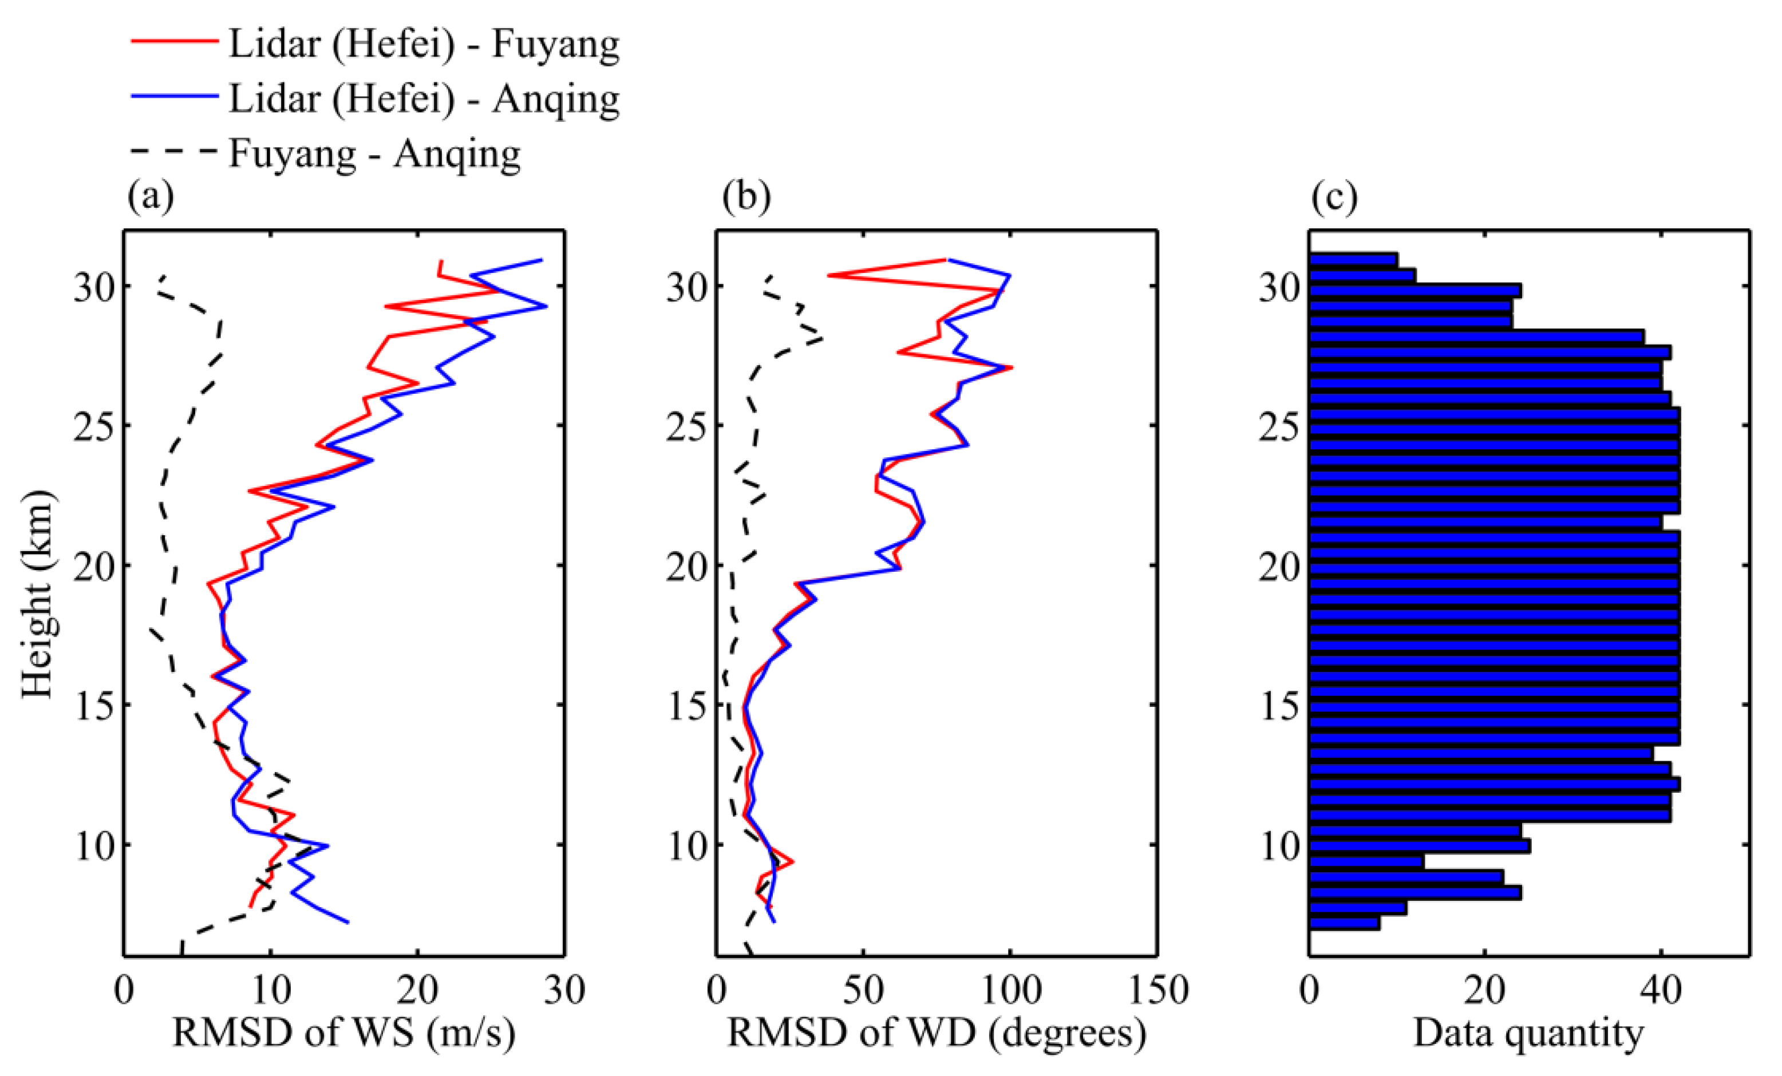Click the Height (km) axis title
[38, 595]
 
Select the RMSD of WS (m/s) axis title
[343, 1033]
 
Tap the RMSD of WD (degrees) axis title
[937, 1033]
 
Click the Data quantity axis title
[1528, 1033]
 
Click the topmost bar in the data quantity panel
[1353, 259]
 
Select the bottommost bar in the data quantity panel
[1344, 923]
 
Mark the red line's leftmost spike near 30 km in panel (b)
[829, 275]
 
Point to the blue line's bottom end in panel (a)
[348, 922]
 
